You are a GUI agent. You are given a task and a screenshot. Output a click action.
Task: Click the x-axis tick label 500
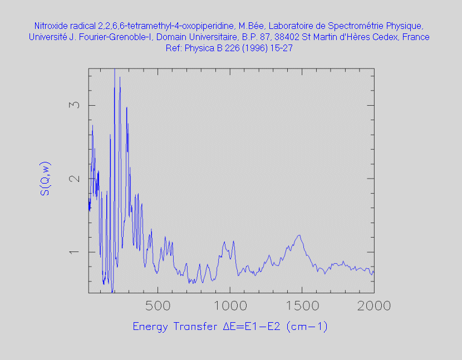158,306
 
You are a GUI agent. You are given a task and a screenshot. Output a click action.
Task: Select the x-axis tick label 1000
229,306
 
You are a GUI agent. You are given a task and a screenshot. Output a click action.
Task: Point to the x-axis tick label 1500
302,306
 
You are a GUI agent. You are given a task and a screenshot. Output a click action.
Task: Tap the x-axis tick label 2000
373,306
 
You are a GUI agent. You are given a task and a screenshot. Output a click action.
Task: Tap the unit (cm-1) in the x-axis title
307,327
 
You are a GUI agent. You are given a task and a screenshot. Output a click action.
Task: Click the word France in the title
416,37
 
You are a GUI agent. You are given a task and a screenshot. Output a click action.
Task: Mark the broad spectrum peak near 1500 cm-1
299,236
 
